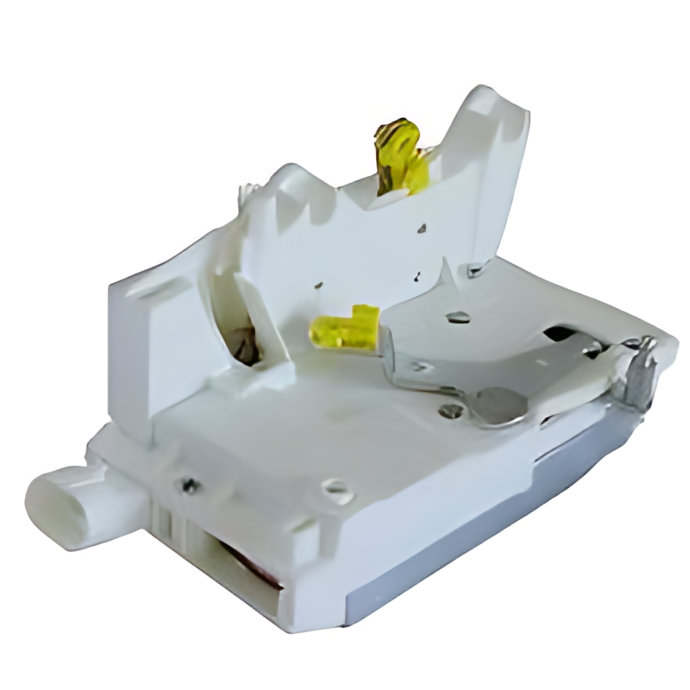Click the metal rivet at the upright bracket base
475,271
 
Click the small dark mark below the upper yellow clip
422,229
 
